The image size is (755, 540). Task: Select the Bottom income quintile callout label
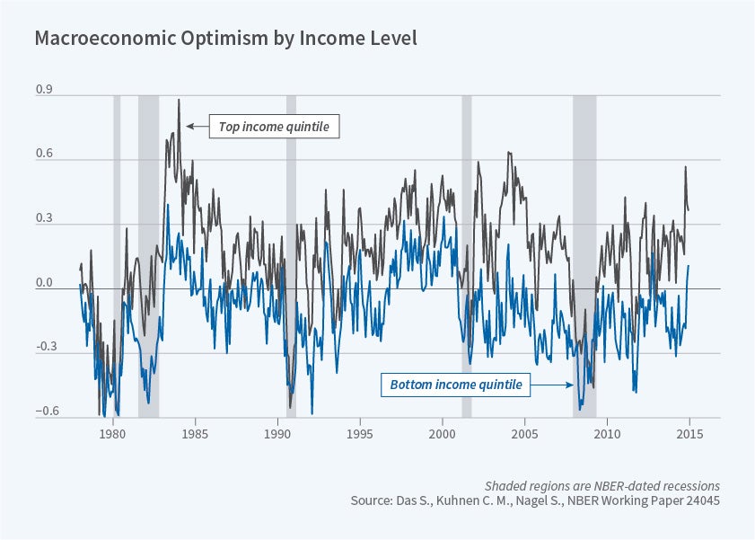[455, 385]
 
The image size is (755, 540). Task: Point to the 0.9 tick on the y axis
[43, 91]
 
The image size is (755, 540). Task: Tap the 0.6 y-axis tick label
[43, 155]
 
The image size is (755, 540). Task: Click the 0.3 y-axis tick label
[43, 219]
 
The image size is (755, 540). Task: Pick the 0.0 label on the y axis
[43, 284]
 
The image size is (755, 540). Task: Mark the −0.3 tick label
[41, 348]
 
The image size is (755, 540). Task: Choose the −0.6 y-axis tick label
[41, 412]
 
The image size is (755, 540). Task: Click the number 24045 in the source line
[700, 500]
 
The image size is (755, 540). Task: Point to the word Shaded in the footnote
[505, 484]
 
